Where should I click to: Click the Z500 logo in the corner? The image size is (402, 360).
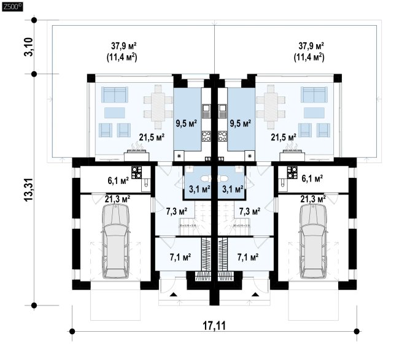(x=10, y=7)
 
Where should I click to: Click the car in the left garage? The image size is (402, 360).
(x=114, y=236)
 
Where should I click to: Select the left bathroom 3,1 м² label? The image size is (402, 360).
(x=199, y=189)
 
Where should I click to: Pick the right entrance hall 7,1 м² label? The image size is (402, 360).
(x=247, y=256)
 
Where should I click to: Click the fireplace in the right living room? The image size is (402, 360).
(x=293, y=148)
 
